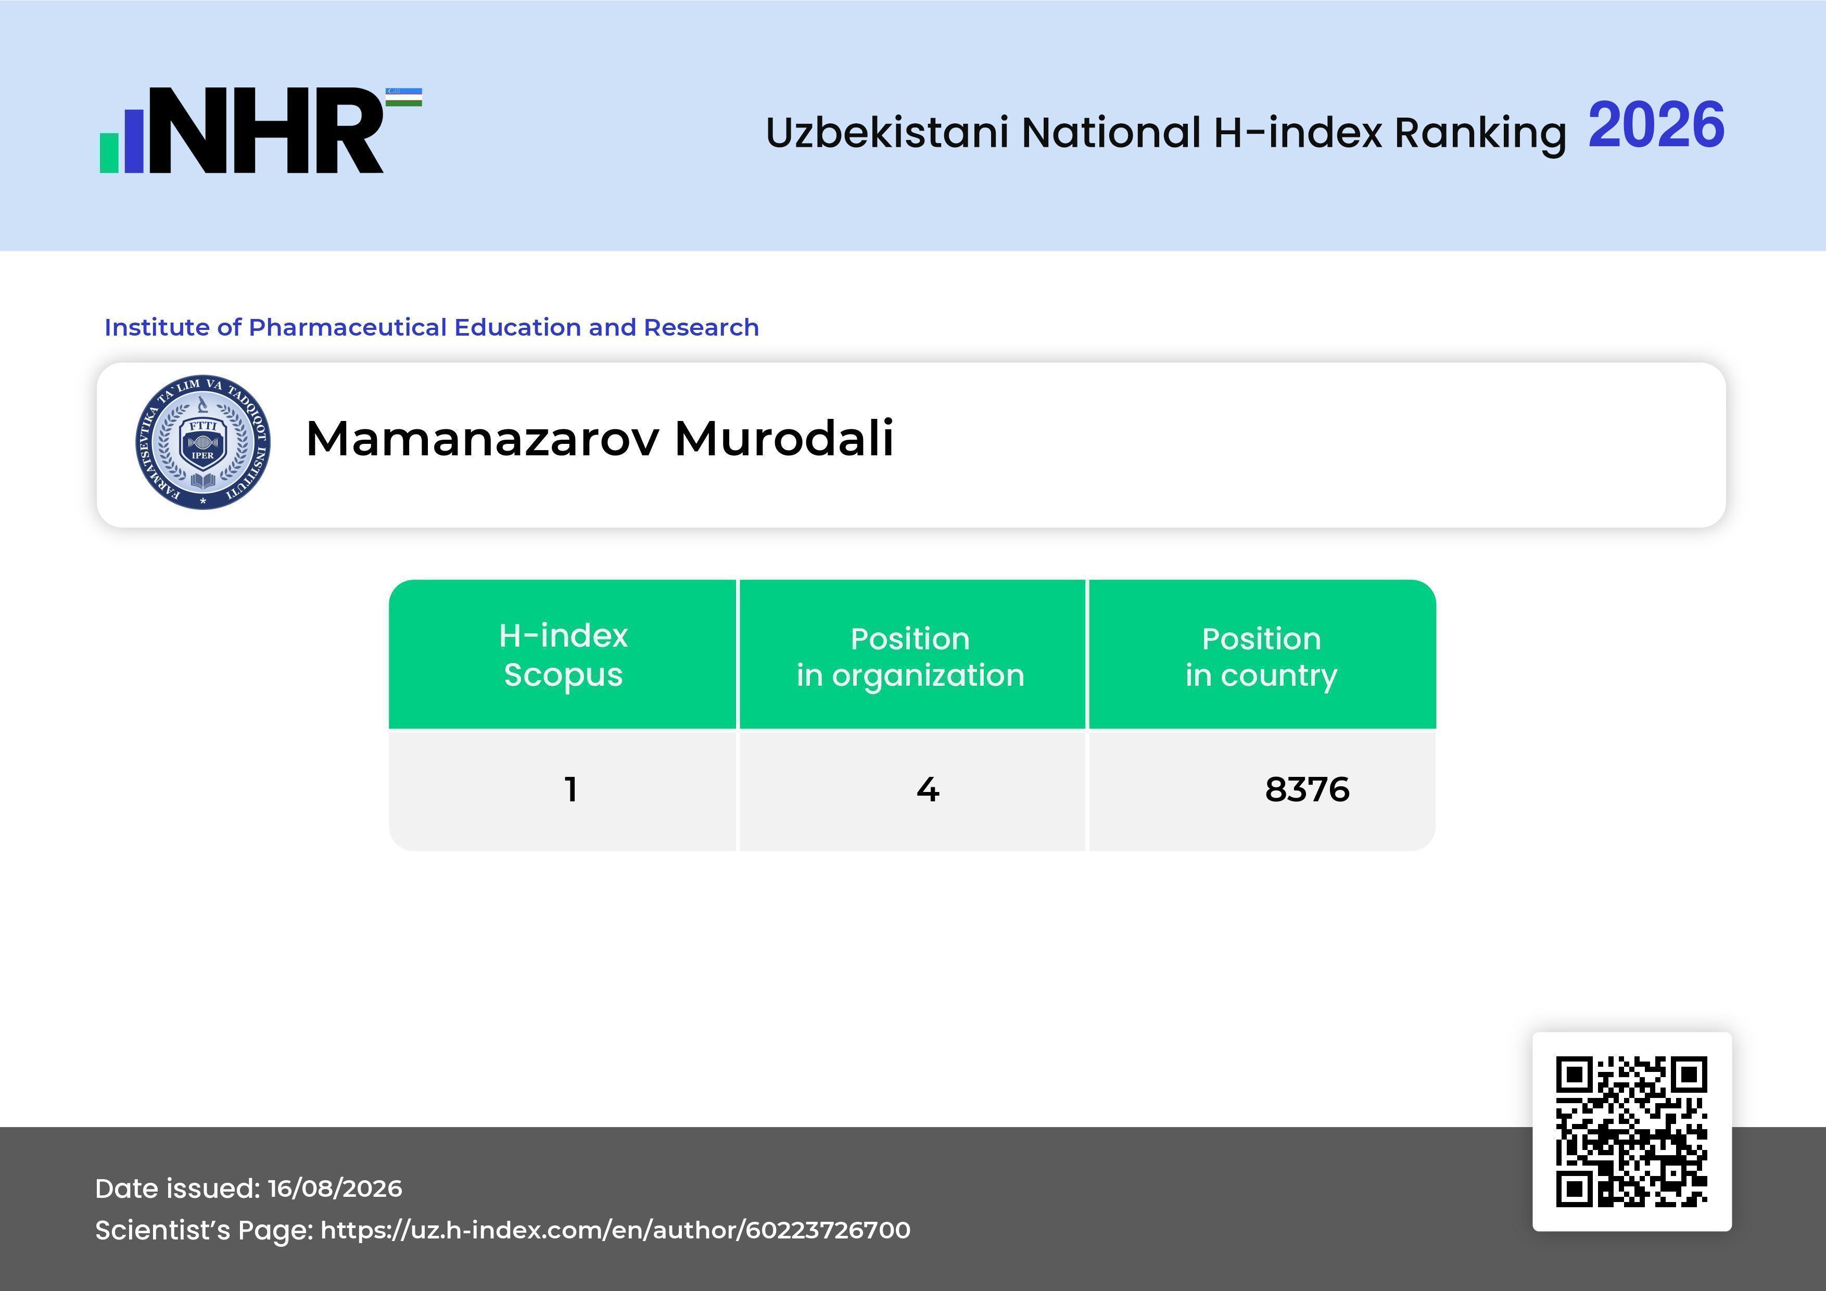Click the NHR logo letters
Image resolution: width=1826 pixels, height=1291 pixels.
coord(267,131)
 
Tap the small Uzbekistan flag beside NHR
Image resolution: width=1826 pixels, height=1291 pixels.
coord(404,97)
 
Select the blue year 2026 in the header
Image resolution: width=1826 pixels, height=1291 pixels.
coord(1656,125)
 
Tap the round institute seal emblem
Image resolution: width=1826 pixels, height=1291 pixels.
coord(203,442)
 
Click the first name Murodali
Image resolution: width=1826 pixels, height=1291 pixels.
coord(784,438)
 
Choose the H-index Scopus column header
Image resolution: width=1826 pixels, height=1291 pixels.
coord(563,655)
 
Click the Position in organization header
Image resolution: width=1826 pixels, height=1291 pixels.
coord(910,657)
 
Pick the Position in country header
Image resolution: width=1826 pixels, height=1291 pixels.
coord(1261,657)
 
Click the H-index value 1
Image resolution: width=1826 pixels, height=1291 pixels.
coord(570,789)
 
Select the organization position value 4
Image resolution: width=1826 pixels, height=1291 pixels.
coord(928,789)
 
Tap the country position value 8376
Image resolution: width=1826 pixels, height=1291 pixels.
coord(1307,789)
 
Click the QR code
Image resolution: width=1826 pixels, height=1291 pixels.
coord(1632,1131)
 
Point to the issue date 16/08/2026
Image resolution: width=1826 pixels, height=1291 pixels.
coord(335,1188)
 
